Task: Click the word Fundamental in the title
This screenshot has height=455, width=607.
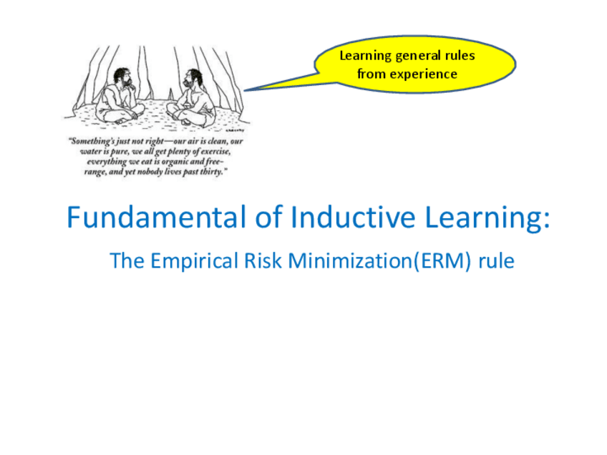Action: pyautogui.click(x=157, y=217)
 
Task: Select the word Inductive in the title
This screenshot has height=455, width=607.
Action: pyautogui.click(x=353, y=217)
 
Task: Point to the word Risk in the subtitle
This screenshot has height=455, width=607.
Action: pyautogui.click(x=263, y=261)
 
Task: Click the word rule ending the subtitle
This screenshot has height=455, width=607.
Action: pyautogui.click(x=496, y=261)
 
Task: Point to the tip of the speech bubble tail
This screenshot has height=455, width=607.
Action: pyautogui.click(x=244, y=91)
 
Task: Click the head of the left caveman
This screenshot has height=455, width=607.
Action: pyautogui.click(x=122, y=78)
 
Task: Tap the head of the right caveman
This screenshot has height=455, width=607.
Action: pyautogui.click(x=193, y=79)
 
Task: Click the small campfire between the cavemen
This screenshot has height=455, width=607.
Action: pyautogui.click(x=170, y=94)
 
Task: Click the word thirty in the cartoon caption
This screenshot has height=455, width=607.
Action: pyautogui.click(x=211, y=172)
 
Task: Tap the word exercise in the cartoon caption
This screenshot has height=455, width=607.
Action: pyautogui.click(x=215, y=151)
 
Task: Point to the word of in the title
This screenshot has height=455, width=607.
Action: pyautogui.click(x=268, y=217)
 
